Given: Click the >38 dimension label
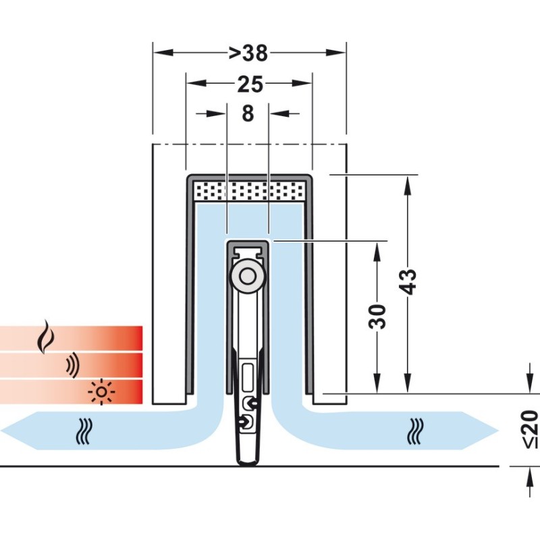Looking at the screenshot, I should click(x=249, y=52).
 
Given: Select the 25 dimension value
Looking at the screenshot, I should click(x=250, y=84).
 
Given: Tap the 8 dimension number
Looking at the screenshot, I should click(x=248, y=114).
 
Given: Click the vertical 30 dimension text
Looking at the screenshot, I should click(x=379, y=316).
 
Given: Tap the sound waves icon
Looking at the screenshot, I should click(x=72, y=366).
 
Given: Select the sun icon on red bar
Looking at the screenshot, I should click(x=102, y=391).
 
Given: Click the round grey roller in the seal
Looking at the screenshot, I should click(x=248, y=278).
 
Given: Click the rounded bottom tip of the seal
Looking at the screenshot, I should click(x=248, y=461).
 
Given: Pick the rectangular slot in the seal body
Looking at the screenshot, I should click(x=247, y=375).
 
